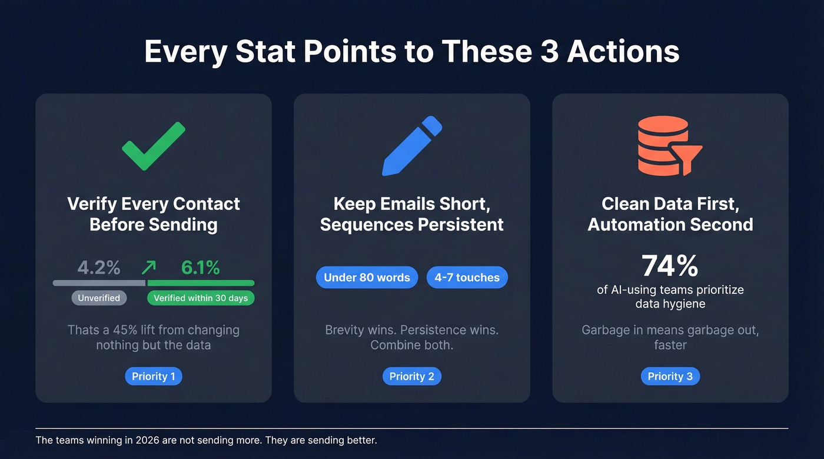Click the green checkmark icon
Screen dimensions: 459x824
(x=154, y=146)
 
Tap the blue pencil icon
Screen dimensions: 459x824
(x=412, y=146)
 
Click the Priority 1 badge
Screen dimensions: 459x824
(x=154, y=376)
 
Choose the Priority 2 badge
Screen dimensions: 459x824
(x=412, y=376)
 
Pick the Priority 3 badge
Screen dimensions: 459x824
(x=670, y=376)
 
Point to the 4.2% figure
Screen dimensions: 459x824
(x=99, y=268)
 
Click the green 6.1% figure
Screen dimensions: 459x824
(x=200, y=268)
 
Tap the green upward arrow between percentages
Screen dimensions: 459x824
(x=149, y=268)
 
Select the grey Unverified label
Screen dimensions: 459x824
(x=99, y=298)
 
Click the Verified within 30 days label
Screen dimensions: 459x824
(x=201, y=298)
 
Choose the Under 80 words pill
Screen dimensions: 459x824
(x=367, y=277)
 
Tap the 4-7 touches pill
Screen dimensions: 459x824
(x=467, y=277)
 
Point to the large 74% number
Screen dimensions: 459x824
(x=670, y=266)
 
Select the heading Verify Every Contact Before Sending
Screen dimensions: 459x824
(x=154, y=214)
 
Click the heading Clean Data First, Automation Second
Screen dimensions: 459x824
(x=670, y=214)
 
